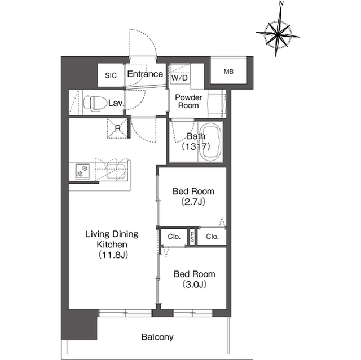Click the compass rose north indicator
[278, 34]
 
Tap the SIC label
[111, 75]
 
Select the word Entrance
[145, 74]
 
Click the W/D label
[179, 78]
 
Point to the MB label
[228, 72]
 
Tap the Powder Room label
[188, 101]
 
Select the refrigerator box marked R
[117, 128]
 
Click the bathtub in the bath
[210, 142]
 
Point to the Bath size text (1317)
[196, 146]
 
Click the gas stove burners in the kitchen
[82, 171]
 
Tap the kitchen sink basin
[116, 172]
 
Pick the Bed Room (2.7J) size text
[193, 202]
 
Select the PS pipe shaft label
[192, 237]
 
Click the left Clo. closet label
[174, 237]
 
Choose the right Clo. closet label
[212, 237]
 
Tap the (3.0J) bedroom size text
[194, 285]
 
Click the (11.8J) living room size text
[113, 255]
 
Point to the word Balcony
[157, 337]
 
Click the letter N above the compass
[281, 3]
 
